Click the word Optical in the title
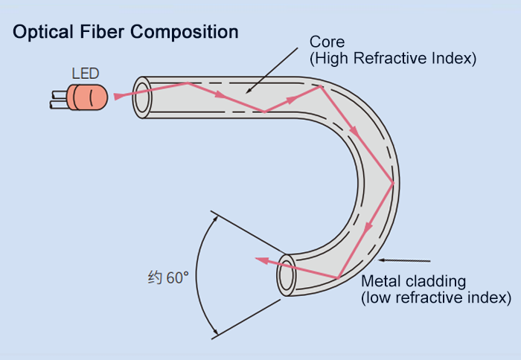click(x=43, y=32)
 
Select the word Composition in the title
click(x=185, y=33)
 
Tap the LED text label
click(x=86, y=74)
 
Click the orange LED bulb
click(x=88, y=97)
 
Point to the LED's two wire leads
click(x=59, y=100)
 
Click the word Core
click(x=327, y=42)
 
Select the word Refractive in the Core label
click(x=391, y=58)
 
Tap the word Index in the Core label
click(x=452, y=58)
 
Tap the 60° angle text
click(x=177, y=277)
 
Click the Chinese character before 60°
click(x=155, y=277)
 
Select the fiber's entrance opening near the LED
click(x=142, y=97)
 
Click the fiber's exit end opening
click(x=287, y=275)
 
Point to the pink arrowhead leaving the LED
click(x=118, y=96)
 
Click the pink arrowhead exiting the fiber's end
click(x=261, y=260)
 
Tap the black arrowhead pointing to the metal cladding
click(x=383, y=260)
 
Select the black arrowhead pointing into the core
click(x=249, y=91)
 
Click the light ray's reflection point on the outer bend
click(x=394, y=183)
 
